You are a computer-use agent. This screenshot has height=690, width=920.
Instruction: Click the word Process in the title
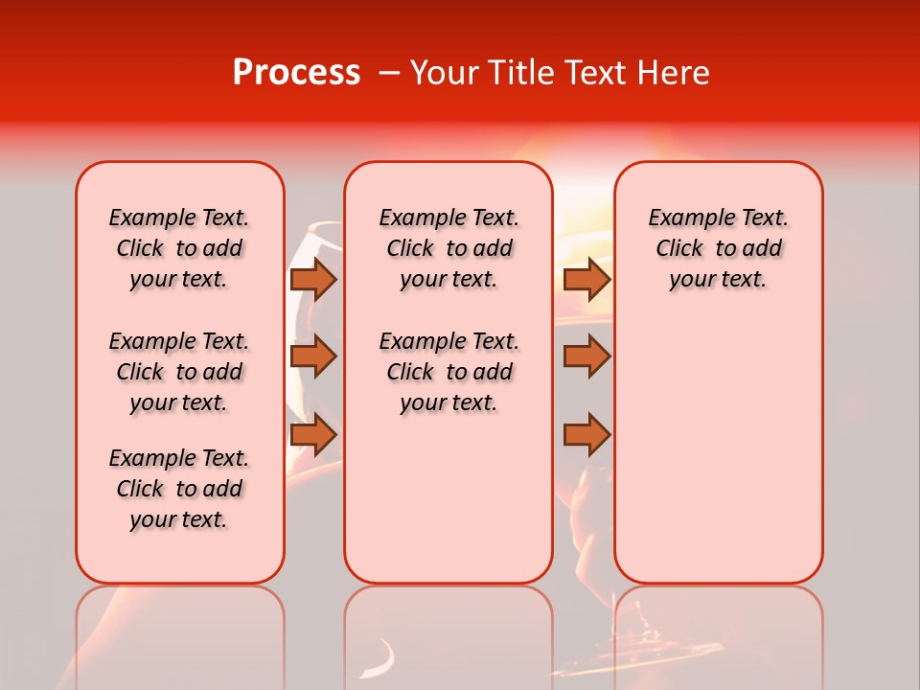[296, 73]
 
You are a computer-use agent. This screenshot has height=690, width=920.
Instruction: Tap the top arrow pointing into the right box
[586, 279]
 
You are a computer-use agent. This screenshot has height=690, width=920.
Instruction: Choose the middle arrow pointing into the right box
[586, 356]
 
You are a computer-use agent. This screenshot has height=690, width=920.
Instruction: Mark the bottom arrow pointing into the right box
[586, 435]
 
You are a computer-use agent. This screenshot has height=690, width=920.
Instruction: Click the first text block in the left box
[179, 248]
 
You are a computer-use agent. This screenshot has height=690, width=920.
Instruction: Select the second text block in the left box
[179, 372]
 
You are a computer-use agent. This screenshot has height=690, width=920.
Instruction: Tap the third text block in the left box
[179, 489]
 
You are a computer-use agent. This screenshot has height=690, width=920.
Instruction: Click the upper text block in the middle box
[448, 248]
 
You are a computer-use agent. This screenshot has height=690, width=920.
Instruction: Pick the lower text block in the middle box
[448, 372]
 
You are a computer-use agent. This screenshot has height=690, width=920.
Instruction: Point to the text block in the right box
[718, 248]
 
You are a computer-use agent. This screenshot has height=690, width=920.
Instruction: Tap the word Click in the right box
[679, 249]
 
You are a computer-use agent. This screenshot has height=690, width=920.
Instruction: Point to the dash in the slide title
[389, 73]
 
